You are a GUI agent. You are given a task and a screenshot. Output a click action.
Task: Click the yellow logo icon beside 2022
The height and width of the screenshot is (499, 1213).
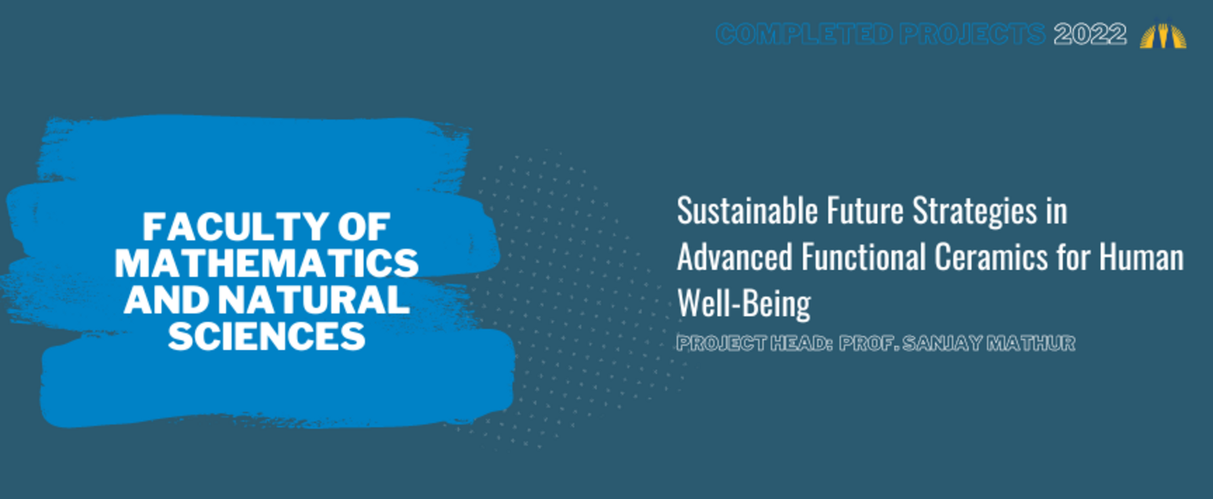1163,34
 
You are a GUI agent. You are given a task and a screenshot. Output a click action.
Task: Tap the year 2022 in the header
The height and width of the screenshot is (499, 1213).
1090,35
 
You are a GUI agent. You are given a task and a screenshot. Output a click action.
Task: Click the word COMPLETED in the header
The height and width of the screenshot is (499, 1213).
804,35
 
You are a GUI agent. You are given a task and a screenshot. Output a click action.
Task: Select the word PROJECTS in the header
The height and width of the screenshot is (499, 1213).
973,35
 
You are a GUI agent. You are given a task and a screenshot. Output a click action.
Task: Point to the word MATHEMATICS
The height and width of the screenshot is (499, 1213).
266,263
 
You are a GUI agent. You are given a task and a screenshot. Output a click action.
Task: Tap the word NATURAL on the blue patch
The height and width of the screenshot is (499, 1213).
313,299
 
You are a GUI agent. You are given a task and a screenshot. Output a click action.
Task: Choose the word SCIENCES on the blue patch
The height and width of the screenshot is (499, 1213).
266,336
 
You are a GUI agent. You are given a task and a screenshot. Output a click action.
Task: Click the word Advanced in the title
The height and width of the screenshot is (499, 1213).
735,257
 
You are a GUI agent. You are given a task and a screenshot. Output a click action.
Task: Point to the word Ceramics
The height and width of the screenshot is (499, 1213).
991,257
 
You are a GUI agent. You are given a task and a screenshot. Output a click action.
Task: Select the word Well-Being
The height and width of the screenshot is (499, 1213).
744,304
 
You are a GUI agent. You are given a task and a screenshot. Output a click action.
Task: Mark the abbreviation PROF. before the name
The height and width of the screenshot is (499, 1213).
868,343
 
